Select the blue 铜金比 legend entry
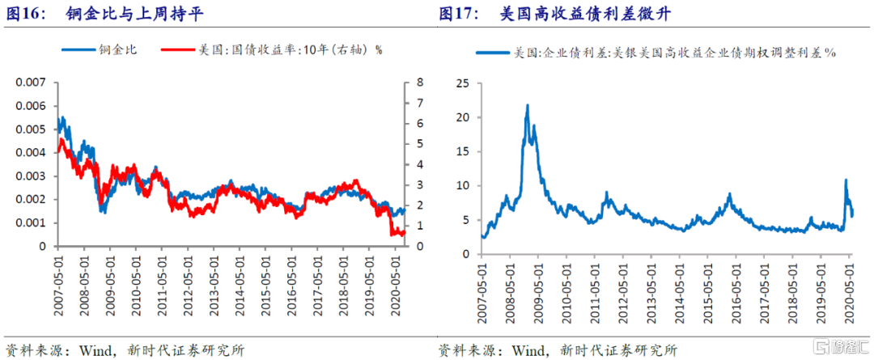99,50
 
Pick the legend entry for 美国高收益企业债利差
656,53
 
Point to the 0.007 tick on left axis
36,83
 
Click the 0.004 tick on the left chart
36,153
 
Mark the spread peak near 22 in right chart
528,105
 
